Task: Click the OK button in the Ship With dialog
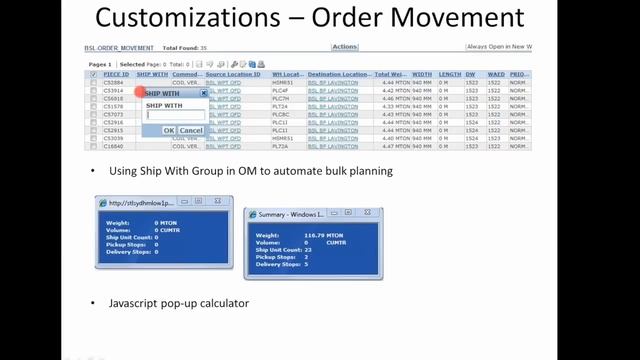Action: click(x=169, y=130)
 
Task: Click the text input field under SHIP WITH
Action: click(x=175, y=115)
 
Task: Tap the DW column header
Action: click(x=470, y=74)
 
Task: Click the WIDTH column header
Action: click(x=422, y=74)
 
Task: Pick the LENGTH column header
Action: click(x=449, y=74)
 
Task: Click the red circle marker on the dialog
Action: click(x=141, y=92)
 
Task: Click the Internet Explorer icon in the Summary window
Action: click(x=252, y=215)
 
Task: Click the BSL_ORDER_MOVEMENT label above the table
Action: click(x=120, y=47)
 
